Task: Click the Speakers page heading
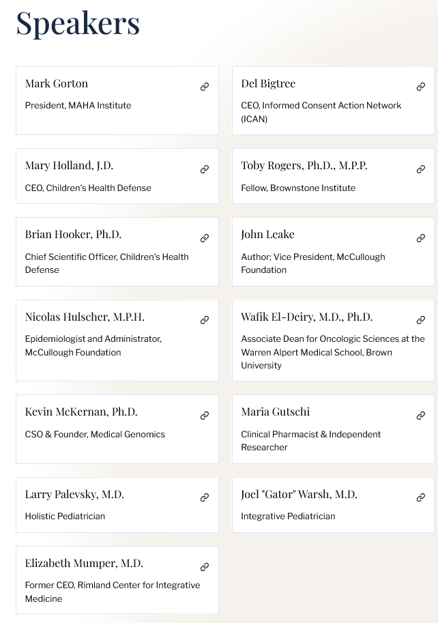(78, 23)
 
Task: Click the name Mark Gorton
(57, 84)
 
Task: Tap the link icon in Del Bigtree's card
(421, 87)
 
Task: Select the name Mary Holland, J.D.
(69, 166)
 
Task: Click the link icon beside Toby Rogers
(421, 169)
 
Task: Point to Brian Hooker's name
(73, 235)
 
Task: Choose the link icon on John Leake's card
(421, 238)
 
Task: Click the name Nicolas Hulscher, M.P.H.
(85, 317)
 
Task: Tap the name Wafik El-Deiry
(306, 317)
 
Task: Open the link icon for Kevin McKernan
(205, 416)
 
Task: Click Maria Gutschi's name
(275, 412)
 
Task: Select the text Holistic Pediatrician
(65, 517)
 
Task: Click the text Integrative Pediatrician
(288, 517)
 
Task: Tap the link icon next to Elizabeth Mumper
(205, 567)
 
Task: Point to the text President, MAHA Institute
(78, 106)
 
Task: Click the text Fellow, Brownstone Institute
(298, 188)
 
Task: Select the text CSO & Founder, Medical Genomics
(95, 435)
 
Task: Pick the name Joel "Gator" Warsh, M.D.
(299, 495)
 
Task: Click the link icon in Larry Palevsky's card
(205, 497)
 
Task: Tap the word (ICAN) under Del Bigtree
(254, 119)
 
